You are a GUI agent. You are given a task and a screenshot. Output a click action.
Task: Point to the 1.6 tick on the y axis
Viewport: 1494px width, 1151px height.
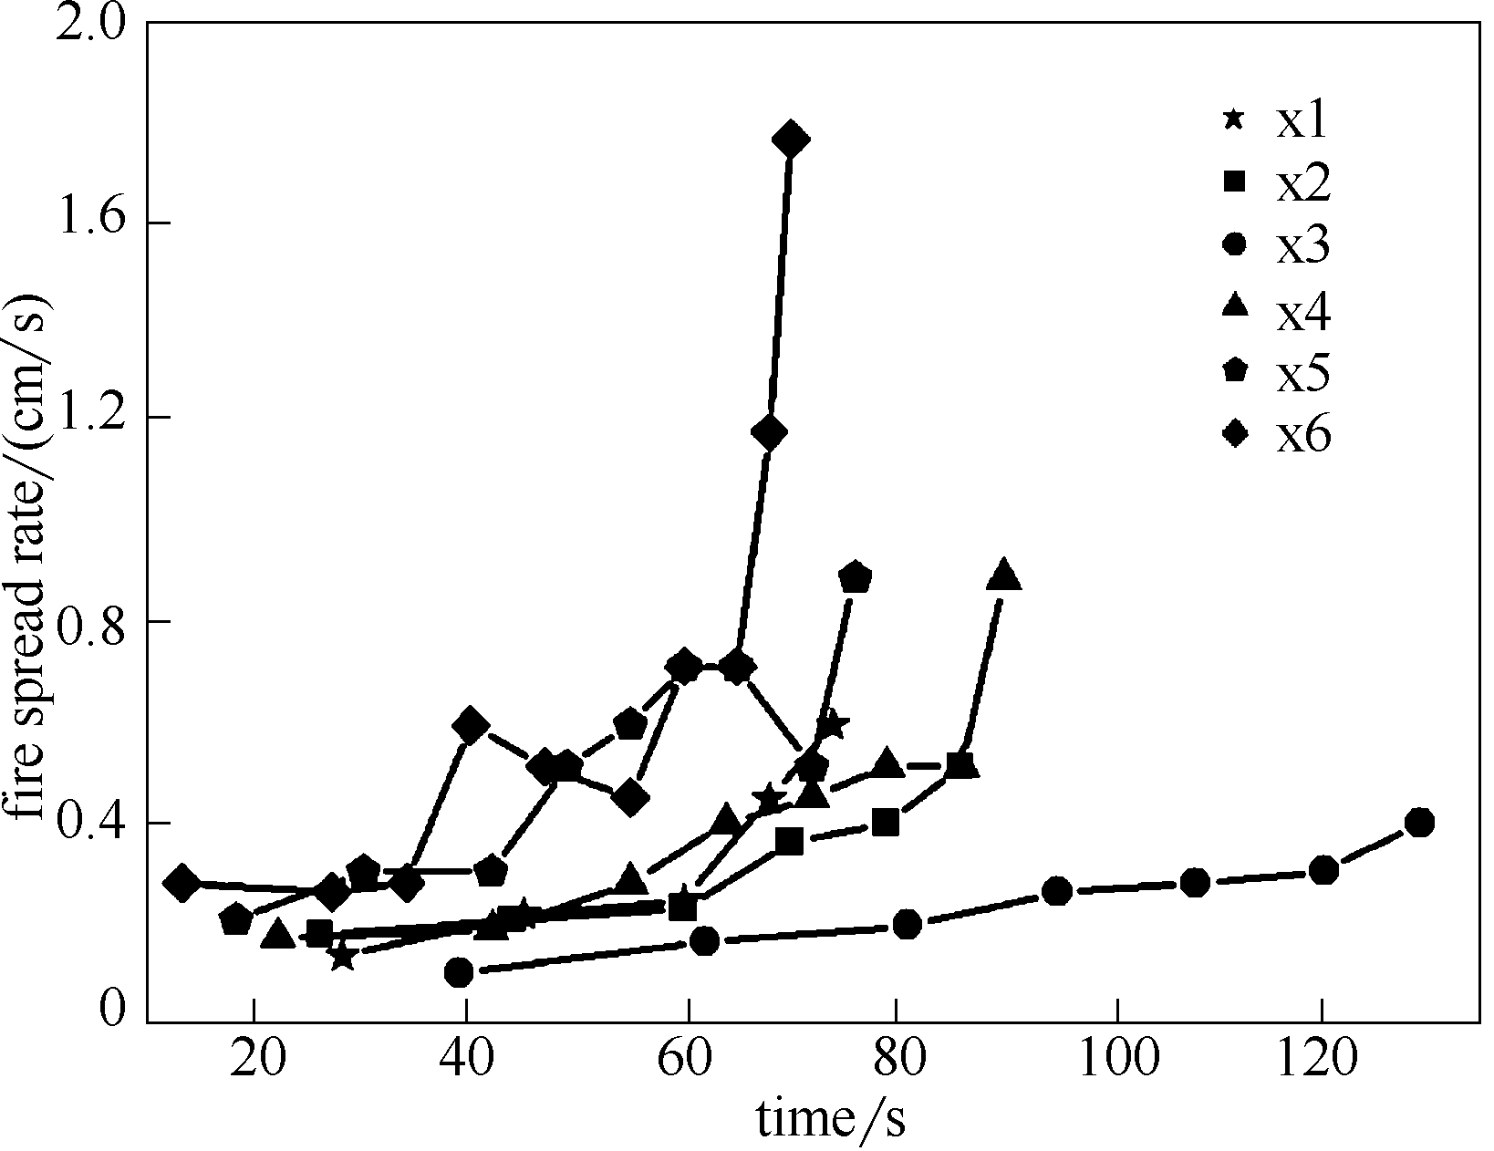(91, 222)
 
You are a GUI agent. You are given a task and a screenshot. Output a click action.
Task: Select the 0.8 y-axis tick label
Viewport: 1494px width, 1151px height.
(91, 622)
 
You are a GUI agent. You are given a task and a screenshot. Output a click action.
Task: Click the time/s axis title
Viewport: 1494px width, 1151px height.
(831, 1119)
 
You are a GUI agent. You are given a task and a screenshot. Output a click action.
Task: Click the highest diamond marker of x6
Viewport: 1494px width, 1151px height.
(791, 140)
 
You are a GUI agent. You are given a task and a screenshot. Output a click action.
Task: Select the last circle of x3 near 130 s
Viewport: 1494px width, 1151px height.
(1419, 822)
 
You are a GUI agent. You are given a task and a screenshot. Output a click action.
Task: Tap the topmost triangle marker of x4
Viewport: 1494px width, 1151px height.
(1003, 575)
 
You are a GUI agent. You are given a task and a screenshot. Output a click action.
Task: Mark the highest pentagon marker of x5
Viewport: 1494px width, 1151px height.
(855, 577)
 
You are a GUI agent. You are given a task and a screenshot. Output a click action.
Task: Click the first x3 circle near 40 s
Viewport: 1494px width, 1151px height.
(460, 972)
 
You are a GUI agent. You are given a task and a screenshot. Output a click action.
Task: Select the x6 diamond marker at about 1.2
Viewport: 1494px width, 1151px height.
(770, 433)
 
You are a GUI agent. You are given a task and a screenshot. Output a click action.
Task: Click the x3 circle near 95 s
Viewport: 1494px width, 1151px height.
(1057, 891)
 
